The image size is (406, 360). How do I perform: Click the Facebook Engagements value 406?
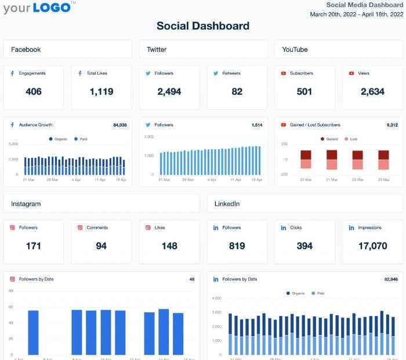click(34, 92)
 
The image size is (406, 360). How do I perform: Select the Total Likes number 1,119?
click(101, 92)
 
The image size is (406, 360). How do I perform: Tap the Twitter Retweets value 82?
click(237, 92)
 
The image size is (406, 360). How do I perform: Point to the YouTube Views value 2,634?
click(372, 92)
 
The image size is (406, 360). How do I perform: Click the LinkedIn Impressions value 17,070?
click(372, 246)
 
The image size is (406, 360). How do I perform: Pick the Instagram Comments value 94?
click(101, 246)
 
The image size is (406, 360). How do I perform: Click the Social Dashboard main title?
click(203, 26)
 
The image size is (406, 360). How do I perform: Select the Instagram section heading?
click(26, 204)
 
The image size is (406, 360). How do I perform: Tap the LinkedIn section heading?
click(227, 204)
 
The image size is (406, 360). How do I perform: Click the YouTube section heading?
click(295, 50)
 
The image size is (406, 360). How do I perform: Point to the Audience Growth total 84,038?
click(119, 125)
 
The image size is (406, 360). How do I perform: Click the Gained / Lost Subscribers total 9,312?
click(391, 125)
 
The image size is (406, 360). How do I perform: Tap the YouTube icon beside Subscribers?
click(284, 74)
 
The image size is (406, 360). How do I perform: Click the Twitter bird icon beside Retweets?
click(216, 74)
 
